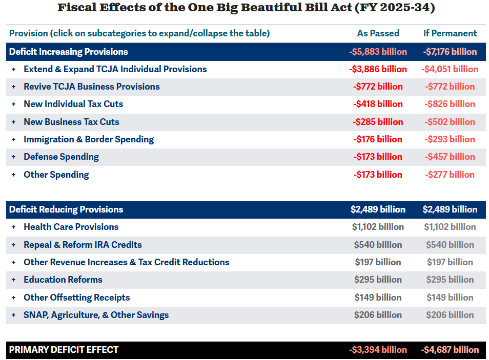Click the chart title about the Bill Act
246,8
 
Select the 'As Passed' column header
378,33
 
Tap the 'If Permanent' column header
450,33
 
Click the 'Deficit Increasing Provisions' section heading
69,52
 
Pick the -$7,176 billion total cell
450,52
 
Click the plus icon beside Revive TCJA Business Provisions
14,87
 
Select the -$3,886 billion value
378,69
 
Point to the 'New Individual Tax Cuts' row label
73,104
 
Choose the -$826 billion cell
450,104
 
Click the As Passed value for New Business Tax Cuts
378,122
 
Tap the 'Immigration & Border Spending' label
89,139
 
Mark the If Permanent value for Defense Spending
450,157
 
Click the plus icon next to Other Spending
14,175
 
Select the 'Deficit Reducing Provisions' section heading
66,209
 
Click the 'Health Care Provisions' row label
71,227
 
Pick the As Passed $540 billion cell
378,245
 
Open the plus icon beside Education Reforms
14,280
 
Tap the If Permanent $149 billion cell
450,298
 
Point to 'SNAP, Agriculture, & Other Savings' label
96,315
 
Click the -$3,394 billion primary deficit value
378,350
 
